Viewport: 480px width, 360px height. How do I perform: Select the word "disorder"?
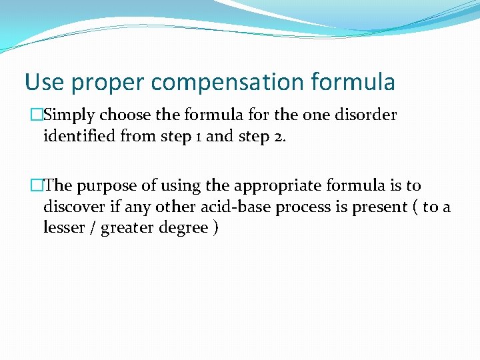coord(366,115)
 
